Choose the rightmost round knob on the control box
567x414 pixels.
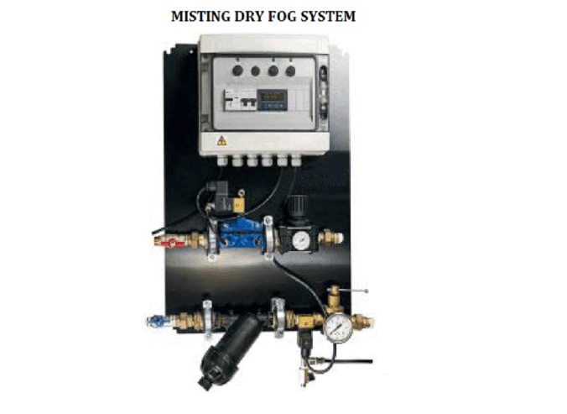pos(290,71)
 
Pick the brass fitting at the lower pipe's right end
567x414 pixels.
pos(367,321)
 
